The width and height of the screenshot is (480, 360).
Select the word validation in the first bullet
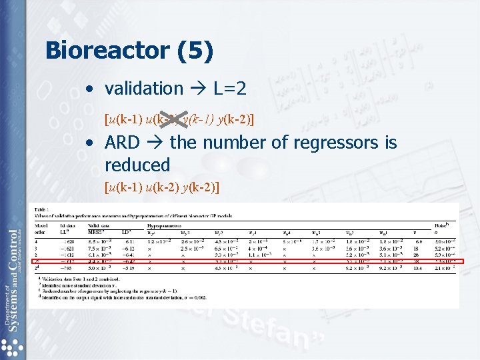pyautogui.click(x=143, y=88)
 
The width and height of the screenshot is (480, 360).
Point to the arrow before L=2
pyautogui.click(x=198, y=88)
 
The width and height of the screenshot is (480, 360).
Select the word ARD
pyautogui.click(x=122, y=143)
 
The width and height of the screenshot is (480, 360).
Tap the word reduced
pyautogui.click(x=137, y=165)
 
